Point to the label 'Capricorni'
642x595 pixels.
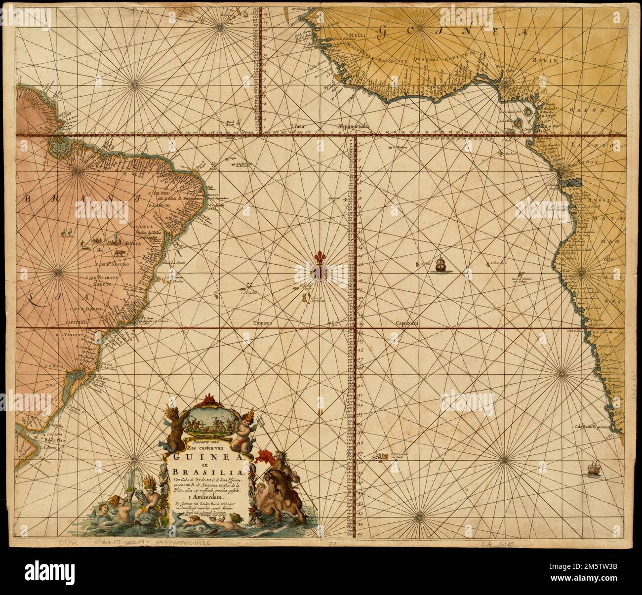(406, 323)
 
